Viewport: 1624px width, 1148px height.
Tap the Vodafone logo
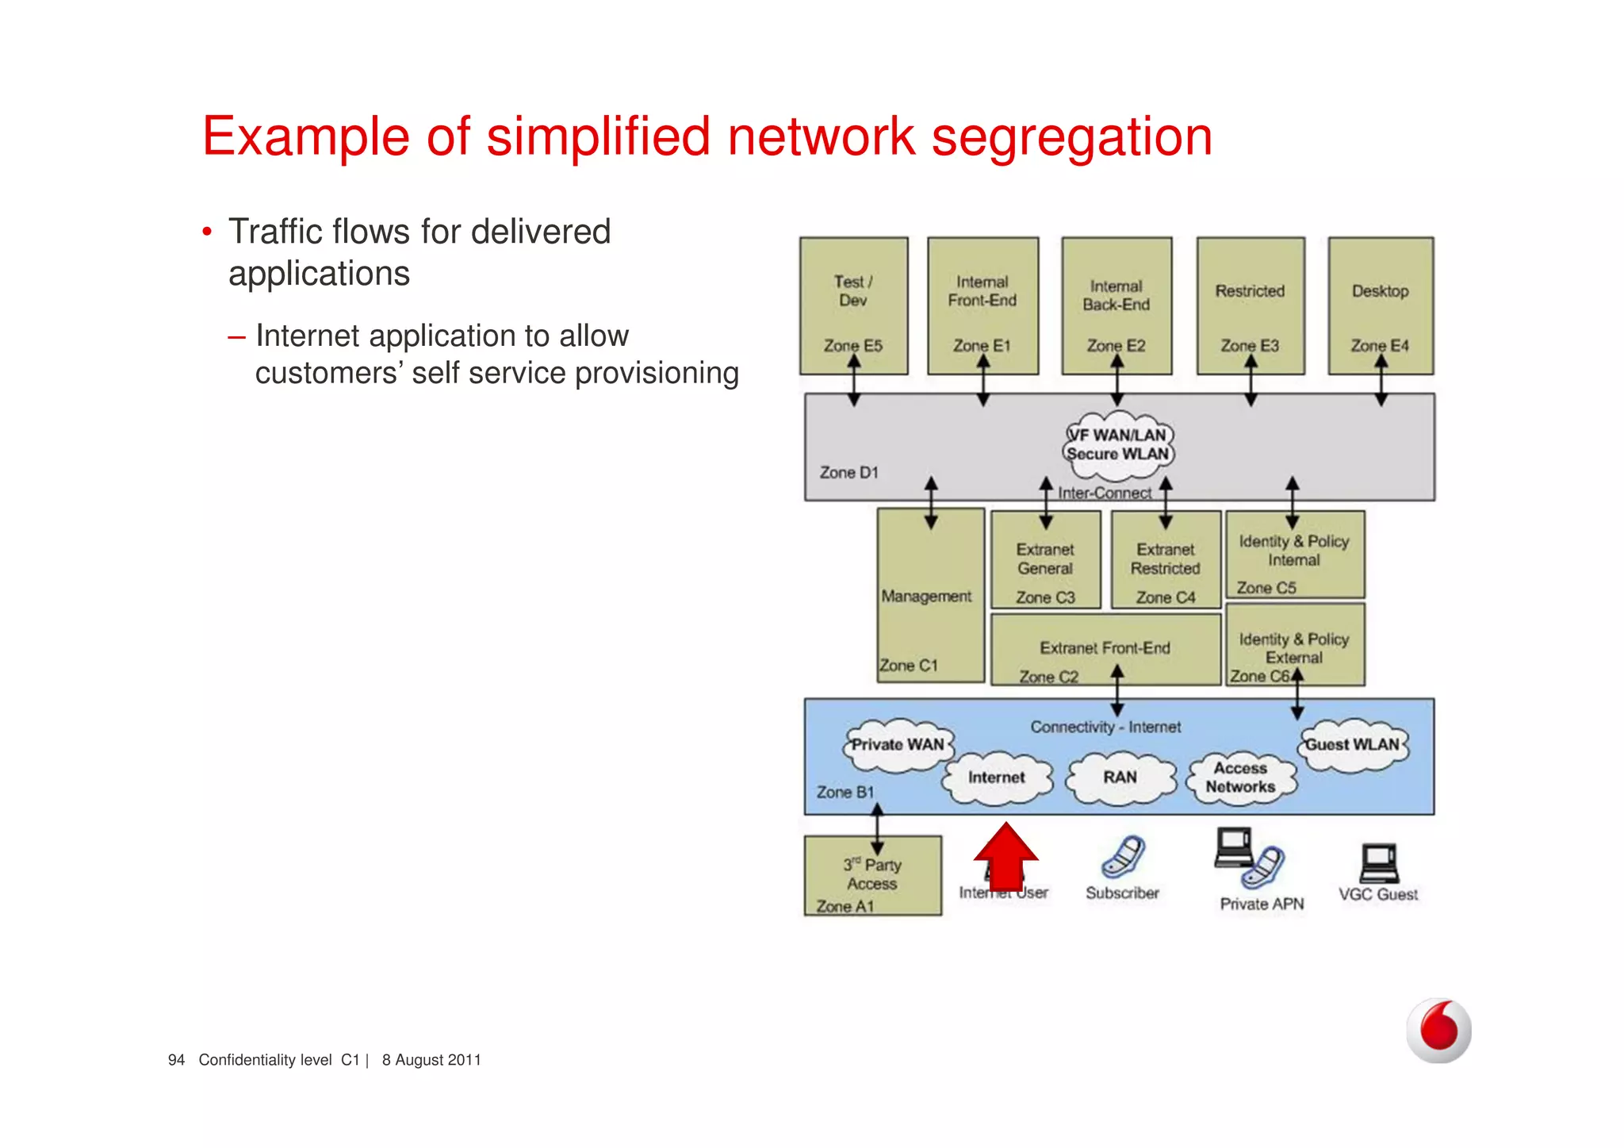tap(1438, 1030)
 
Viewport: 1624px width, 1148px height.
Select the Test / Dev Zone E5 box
tap(853, 305)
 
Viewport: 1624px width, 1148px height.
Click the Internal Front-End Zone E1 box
tap(982, 305)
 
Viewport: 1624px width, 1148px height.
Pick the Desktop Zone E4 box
tap(1381, 305)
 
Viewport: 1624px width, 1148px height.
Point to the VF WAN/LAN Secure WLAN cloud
tap(1118, 446)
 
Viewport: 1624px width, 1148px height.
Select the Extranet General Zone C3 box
tap(1045, 560)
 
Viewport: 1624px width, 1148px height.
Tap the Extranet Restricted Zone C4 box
tap(1166, 560)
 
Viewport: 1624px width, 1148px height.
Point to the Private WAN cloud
tap(898, 745)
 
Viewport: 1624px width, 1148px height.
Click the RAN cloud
tap(1120, 777)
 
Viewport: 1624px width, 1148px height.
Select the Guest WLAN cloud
tap(1353, 745)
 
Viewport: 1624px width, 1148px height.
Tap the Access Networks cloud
tap(1241, 777)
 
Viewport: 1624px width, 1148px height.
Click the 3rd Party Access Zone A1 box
tap(872, 876)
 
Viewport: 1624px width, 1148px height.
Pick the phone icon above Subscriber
tap(1123, 857)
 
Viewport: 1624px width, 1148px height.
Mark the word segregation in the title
tap(1071, 136)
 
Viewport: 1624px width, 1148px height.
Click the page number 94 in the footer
tap(176, 1060)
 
